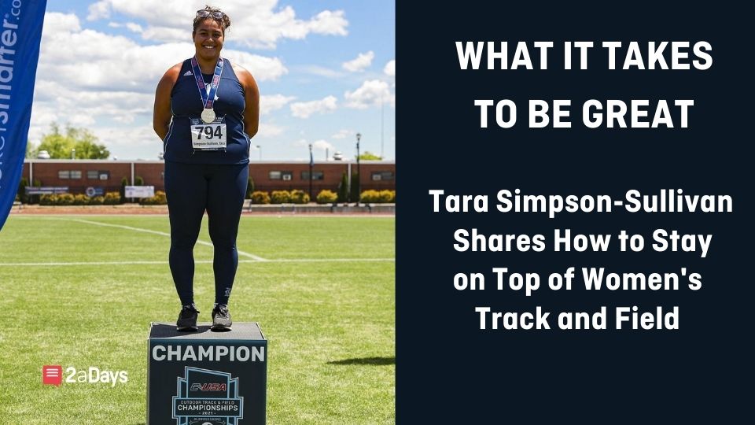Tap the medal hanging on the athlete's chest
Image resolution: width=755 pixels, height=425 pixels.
[208, 115]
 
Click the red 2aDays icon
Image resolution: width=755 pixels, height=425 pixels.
[52, 375]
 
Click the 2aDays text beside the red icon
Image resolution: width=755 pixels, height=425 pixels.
[97, 376]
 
